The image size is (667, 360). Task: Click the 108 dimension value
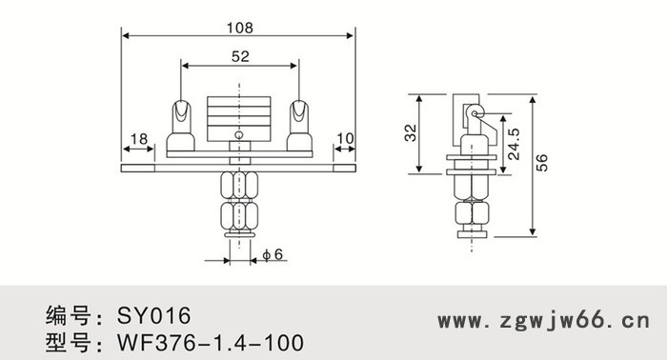pos(240,28)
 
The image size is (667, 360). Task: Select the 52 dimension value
pos(240,57)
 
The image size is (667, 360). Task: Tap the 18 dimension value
pos(139,139)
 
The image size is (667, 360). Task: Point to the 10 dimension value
pos(344,139)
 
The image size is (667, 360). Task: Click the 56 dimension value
pos(542,163)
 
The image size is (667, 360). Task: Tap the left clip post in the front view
pos(180,122)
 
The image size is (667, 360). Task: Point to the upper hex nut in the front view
pos(239,184)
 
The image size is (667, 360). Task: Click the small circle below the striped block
pos(240,135)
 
